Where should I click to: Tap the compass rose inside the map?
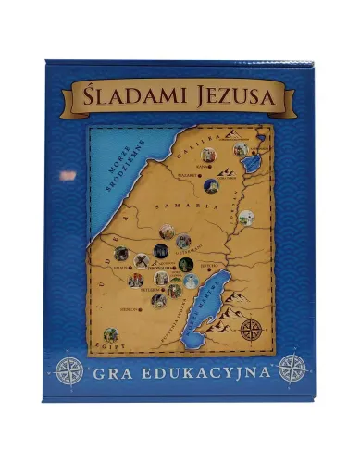[x=250, y=329]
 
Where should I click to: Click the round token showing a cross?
[x=142, y=261]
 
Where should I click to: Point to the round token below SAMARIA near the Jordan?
[x=246, y=219]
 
